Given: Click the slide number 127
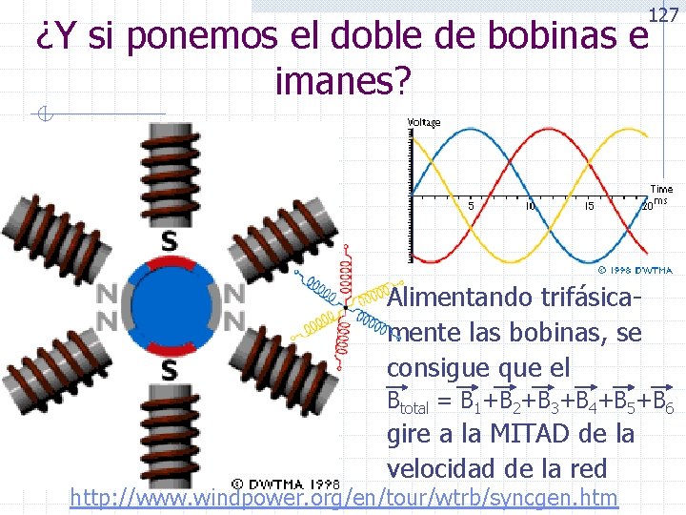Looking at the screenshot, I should [x=664, y=14].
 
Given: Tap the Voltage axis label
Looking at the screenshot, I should [x=425, y=123].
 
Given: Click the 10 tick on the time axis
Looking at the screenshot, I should [x=530, y=206].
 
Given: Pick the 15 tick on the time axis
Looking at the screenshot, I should [x=589, y=206].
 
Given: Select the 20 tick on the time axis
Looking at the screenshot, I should [x=646, y=206].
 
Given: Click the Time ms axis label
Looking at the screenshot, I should [x=661, y=195].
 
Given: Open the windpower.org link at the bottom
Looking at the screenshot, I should [x=344, y=497].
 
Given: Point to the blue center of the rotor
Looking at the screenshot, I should [x=169, y=305].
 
